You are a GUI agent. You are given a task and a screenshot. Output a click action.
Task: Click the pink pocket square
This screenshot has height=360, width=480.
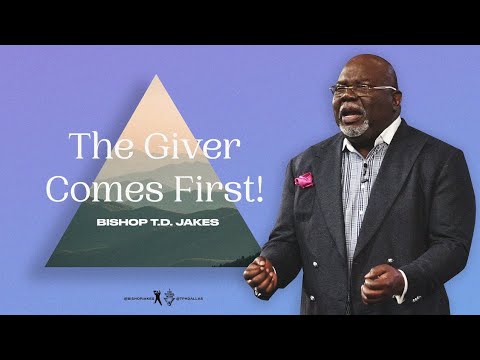pyautogui.click(x=304, y=179)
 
